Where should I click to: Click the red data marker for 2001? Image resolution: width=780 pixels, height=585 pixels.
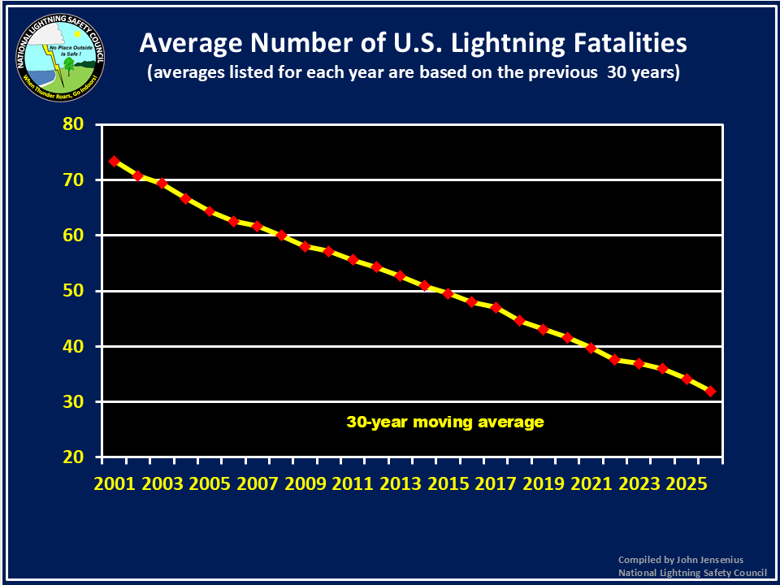(115, 161)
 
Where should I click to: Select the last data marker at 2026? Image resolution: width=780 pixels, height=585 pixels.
(710, 391)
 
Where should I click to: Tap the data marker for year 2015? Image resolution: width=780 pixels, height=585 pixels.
(448, 293)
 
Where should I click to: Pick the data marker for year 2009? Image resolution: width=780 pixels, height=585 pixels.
(305, 246)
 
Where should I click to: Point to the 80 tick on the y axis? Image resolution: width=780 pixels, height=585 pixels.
(74, 125)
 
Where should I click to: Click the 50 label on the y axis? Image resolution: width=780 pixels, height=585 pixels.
(74, 292)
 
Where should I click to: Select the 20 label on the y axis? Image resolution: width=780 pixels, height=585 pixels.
(74, 457)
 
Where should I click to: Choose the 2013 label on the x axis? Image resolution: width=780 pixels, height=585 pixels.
(400, 484)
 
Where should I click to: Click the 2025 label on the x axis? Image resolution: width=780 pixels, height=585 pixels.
(686, 484)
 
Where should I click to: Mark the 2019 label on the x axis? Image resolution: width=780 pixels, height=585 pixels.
(543, 484)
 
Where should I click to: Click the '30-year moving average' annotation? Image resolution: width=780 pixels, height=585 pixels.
(444, 422)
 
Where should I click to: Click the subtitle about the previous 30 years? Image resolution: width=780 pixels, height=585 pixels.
(414, 72)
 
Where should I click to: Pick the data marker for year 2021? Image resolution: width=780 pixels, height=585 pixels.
(591, 348)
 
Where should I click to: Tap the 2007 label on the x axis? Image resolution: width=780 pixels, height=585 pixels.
(257, 484)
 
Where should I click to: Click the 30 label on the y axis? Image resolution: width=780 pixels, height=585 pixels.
(74, 402)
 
